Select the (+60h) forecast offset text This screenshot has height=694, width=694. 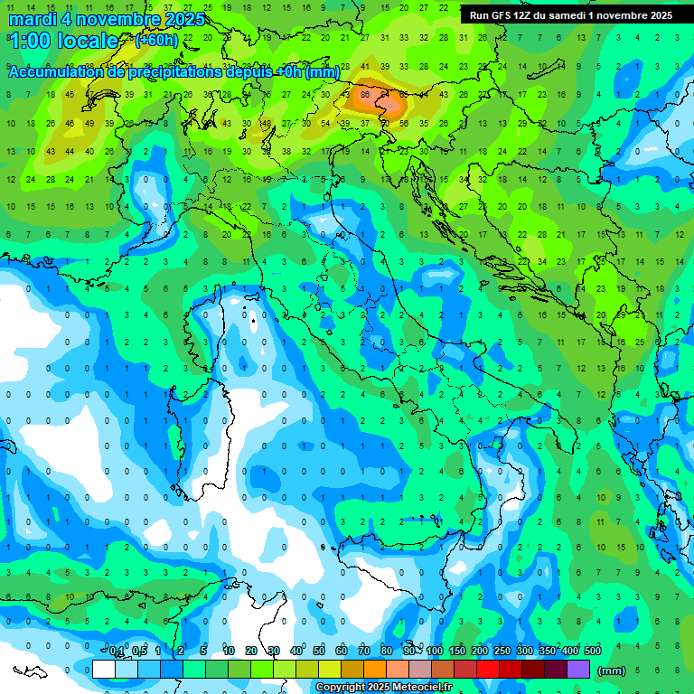pos(156,41)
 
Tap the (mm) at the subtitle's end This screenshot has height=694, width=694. pos(323,72)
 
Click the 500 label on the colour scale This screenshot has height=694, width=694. pos(592,652)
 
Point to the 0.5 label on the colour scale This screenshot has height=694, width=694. pos(139,652)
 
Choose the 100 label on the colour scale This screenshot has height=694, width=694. pos(435,652)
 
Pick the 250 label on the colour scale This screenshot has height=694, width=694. pos(502,652)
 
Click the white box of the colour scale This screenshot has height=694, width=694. pos(104,669)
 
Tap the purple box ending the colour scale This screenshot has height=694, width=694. pos(578,669)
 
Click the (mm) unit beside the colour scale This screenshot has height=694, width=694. pos(612,670)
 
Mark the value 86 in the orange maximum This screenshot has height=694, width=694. pos(365,94)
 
